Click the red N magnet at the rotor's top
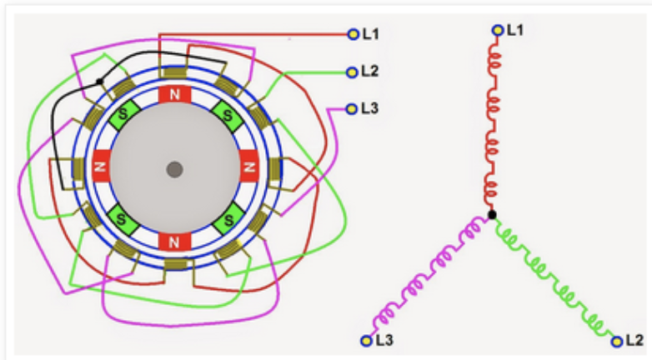[174, 95]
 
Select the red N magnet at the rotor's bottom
[174, 242]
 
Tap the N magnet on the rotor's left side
[102, 168]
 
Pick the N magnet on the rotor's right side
[248, 168]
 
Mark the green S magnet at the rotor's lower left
[123, 222]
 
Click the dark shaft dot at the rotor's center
[174, 169]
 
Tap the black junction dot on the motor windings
[100, 82]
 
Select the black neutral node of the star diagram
[492, 215]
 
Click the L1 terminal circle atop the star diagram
[498, 31]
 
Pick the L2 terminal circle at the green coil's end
[617, 341]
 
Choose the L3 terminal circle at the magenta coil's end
[365, 341]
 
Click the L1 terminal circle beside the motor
[352, 34]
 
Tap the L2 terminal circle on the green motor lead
[352, 72]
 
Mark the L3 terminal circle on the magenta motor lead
[352, 108]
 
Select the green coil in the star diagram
[554, 277]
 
